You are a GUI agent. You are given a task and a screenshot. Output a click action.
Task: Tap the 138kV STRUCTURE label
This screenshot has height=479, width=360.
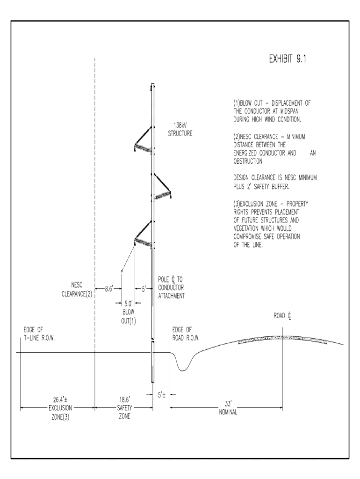pos(180,129)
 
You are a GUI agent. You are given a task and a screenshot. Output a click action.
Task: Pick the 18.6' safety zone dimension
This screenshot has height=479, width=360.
pos(123,400)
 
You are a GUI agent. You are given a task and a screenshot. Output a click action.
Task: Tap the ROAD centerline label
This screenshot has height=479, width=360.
pos(282,316)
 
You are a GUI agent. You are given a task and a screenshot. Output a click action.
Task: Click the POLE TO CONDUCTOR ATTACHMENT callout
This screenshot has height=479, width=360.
pos(172,289)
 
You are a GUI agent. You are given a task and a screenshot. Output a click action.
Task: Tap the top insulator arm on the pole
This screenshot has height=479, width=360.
pos(143,140)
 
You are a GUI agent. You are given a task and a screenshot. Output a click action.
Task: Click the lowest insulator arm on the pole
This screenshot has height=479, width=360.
pos(143,234)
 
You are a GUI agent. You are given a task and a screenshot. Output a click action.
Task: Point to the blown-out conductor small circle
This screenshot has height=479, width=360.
pos(122,271)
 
